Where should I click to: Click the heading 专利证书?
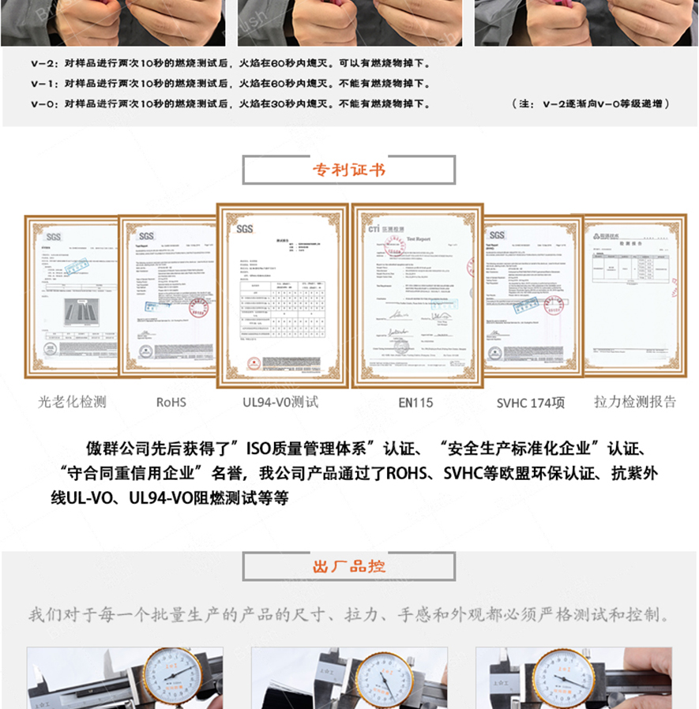(349, 170)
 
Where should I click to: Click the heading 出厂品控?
(349, 567)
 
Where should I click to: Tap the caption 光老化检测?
(72, 402)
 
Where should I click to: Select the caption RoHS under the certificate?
(171, 402)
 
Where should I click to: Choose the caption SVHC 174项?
(531, 403)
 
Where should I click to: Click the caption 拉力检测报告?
(635, 402)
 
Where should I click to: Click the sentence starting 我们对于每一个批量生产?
(349, 615)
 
